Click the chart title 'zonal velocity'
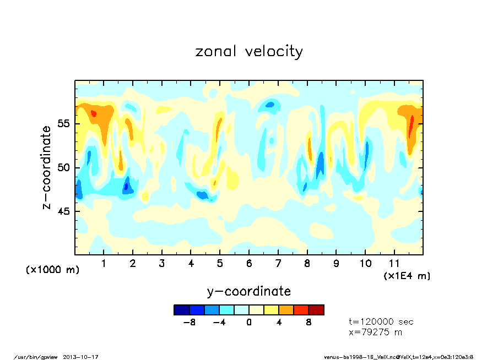249,52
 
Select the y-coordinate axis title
249,291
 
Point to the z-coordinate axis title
47,167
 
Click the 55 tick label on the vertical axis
64,123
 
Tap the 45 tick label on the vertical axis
64,211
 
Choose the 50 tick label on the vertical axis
64,167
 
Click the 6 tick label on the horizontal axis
249,264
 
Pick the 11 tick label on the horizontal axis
394,264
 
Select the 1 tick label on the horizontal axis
104,264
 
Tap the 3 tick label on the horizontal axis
162,264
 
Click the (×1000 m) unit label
53,270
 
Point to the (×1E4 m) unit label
407,275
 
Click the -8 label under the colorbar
190,323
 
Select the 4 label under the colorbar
279,323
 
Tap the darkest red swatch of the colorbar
316,310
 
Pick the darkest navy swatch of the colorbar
182,310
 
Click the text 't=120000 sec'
381,321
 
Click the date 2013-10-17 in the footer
85,357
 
